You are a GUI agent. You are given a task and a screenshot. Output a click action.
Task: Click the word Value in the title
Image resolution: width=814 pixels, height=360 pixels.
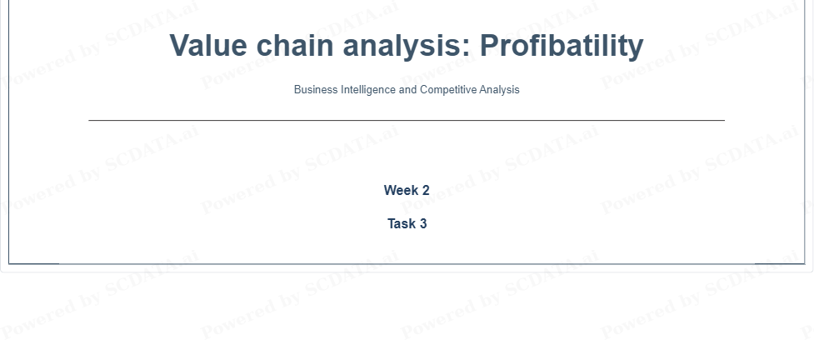coord(208,45)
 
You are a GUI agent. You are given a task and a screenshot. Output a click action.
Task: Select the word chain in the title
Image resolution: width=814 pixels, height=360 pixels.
coord(295,45)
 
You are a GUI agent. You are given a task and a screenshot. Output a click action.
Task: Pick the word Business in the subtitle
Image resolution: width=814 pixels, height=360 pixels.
coord(316,89)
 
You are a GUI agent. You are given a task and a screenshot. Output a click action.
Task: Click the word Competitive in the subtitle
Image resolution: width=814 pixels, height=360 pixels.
coord(448,90)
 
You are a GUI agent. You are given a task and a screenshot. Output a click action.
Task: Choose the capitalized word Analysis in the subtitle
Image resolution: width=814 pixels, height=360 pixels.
coord(499,90)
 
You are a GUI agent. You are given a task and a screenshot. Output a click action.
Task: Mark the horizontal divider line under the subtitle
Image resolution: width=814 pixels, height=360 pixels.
coord(407,121)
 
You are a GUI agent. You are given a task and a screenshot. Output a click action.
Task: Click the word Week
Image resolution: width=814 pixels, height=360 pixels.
coord(402,190)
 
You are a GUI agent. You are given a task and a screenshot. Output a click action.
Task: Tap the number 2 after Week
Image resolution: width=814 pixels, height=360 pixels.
coord(426,190)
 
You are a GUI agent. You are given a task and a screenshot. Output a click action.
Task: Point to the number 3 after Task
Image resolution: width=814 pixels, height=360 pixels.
coord(423,223)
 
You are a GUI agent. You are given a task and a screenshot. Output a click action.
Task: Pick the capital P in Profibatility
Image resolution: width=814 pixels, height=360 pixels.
coord(491,45)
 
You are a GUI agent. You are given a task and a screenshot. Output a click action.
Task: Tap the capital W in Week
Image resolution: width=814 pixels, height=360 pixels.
coord(391,190)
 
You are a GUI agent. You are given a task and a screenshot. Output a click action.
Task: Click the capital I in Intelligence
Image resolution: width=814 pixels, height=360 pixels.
coord(342,89)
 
